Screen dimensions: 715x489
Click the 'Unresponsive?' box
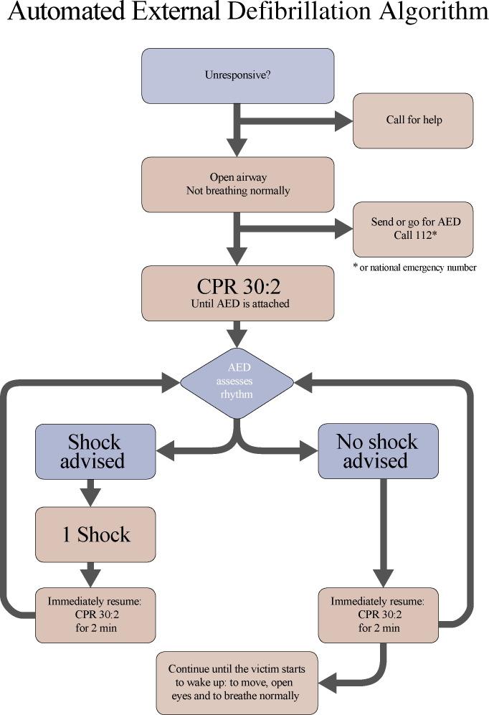point(237,75)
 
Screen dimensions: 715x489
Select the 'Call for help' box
point(413,120)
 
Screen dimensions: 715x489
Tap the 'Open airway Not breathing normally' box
point(237,184)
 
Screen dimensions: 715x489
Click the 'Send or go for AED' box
point(413,229)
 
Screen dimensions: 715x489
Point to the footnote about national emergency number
point(414,267)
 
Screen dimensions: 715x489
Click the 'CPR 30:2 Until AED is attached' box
point(237,293)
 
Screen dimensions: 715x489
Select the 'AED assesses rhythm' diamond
point(237,382)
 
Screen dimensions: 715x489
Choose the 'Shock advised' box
point(95,451)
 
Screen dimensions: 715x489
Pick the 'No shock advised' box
point(378,451)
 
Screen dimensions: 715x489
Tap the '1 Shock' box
point(95,534)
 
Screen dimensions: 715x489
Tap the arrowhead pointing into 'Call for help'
point(343,120)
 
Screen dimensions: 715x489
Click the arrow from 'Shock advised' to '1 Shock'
point(90,493)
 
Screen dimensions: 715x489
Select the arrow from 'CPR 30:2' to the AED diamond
point(237,333)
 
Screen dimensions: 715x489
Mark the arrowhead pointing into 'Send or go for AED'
point(343,229)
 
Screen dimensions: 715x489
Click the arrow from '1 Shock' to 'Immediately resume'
point(90,574)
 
